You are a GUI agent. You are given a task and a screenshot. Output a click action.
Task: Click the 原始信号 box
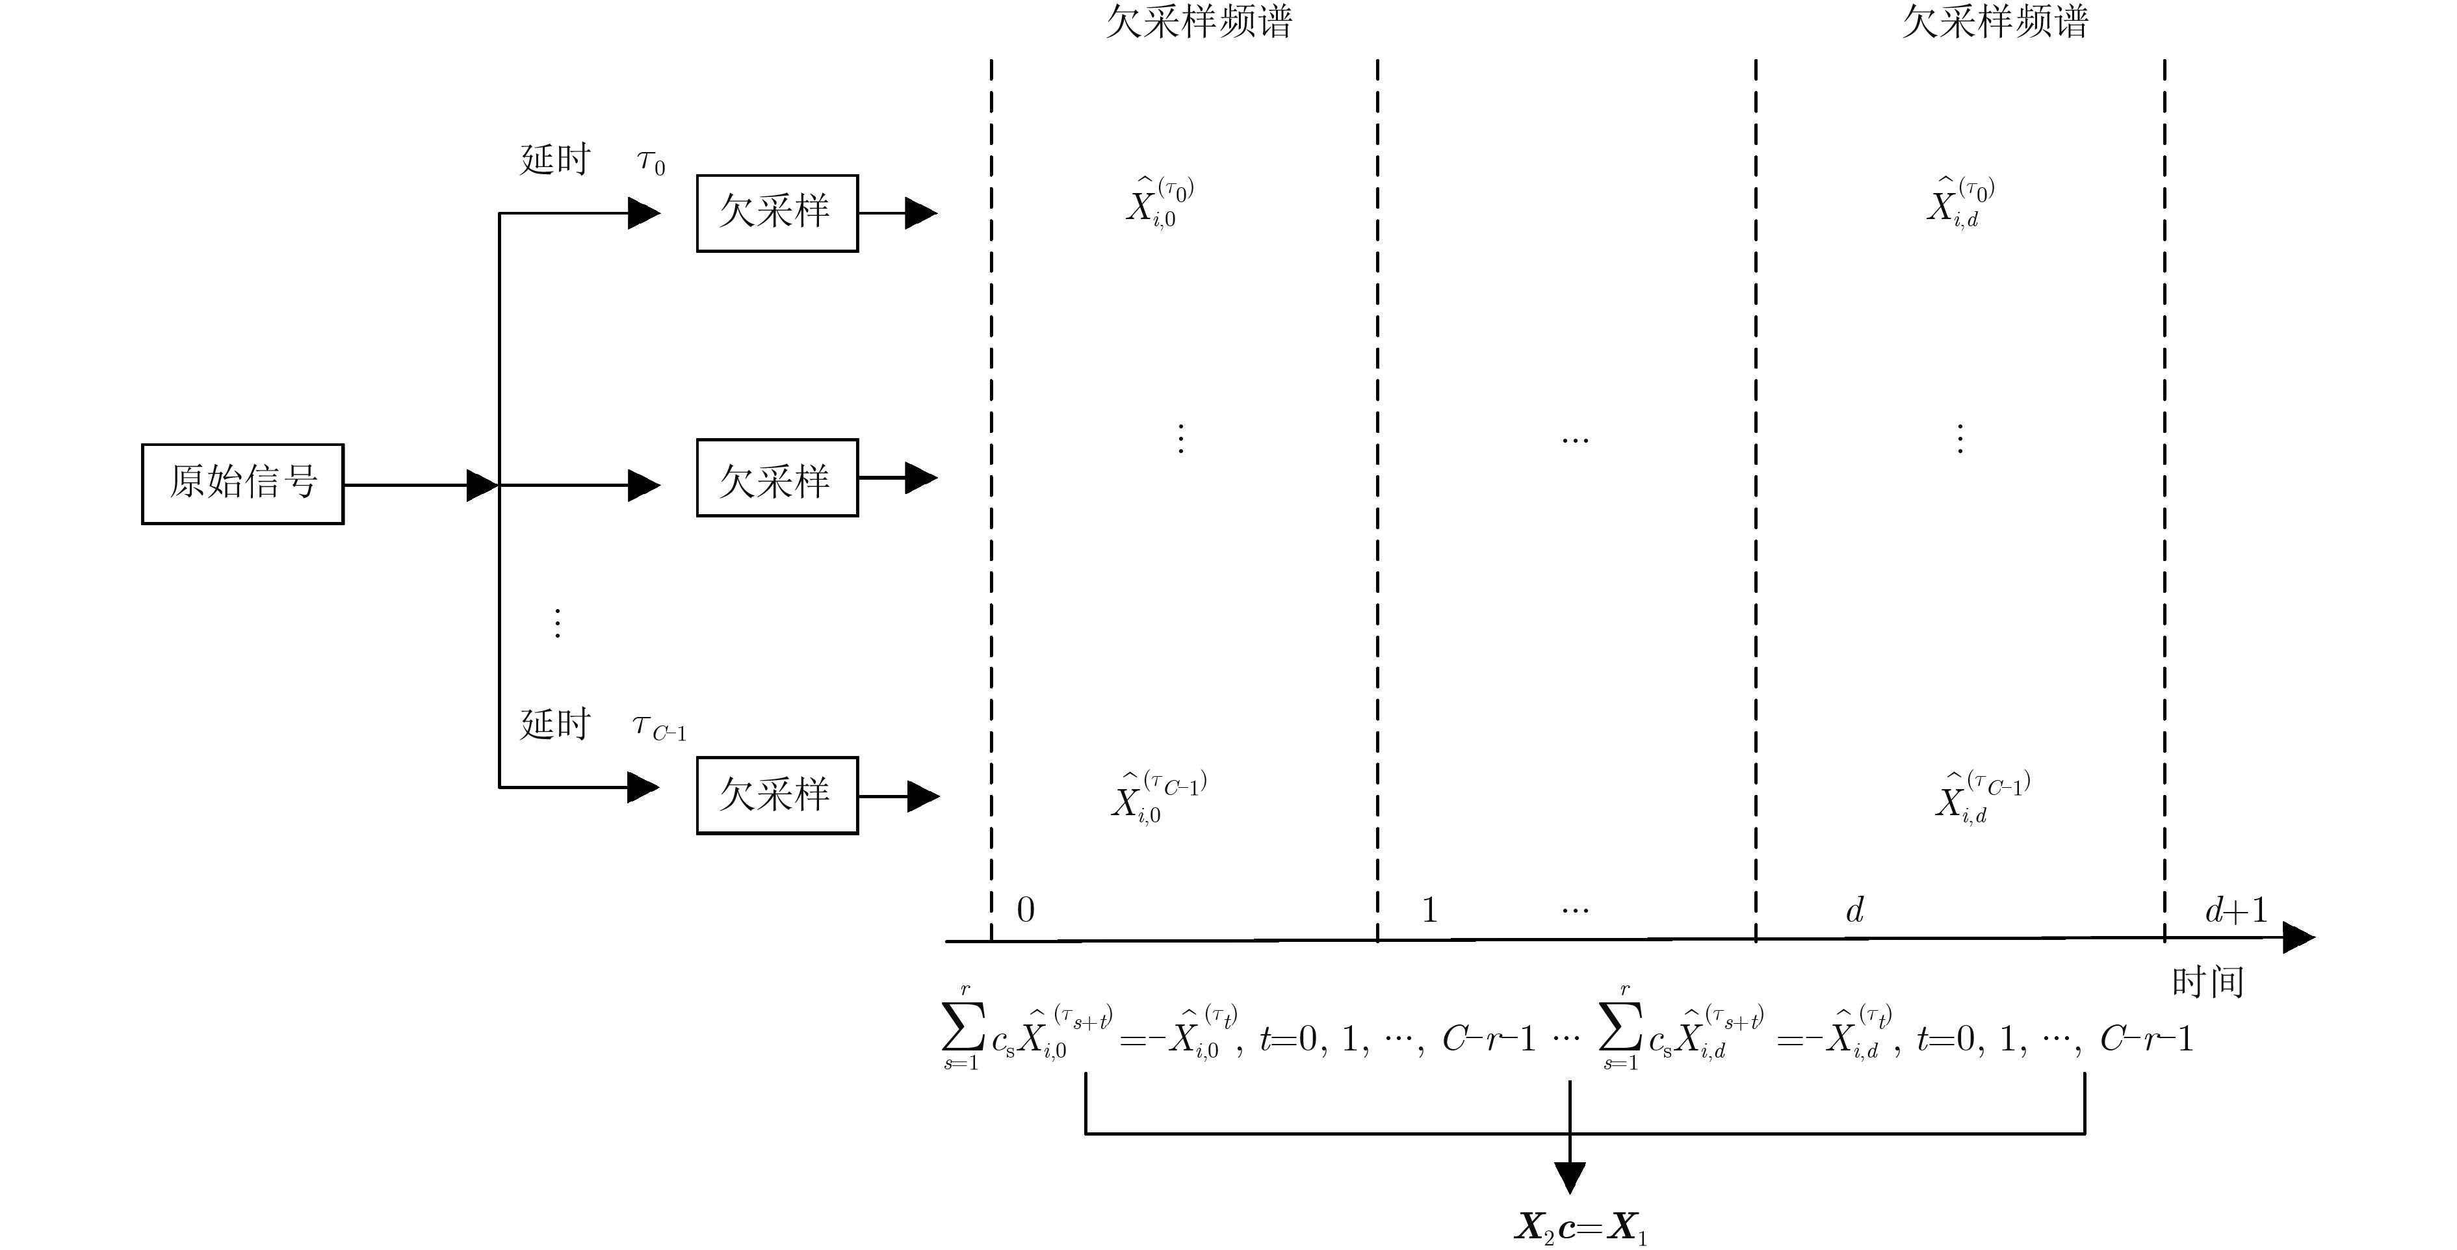(x=242, y=484)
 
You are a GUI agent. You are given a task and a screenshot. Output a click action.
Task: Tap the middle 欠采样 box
(x=776, y=478)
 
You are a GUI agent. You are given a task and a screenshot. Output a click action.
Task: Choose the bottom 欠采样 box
(x=776, y=796)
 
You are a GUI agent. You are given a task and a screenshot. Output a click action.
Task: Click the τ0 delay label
(x=651, y=163)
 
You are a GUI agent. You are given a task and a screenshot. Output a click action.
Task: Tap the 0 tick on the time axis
(x=1025, y=910)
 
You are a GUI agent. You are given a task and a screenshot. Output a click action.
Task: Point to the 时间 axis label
(x=2207, y=982)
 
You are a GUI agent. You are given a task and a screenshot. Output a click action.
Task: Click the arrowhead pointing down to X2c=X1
(x=1570, y=1177)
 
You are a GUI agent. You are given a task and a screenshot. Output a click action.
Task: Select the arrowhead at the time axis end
(x=2298, y=937)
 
